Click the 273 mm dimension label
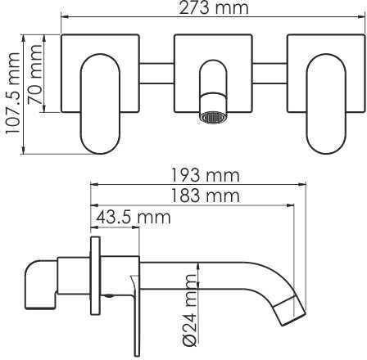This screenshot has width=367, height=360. (214, 8)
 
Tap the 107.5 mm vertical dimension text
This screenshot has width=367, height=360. (13, 92)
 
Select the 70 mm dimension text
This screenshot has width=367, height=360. (35, 74)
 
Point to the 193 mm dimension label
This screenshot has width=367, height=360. (205, 176)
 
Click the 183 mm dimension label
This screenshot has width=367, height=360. (205, 196)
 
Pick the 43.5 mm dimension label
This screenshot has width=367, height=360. (134, 218)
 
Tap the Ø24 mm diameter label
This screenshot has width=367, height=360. (190, 309)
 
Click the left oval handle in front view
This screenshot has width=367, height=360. (100, 104)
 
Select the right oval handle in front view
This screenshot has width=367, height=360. (326, 104)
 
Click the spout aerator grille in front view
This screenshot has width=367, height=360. (213, 118)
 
